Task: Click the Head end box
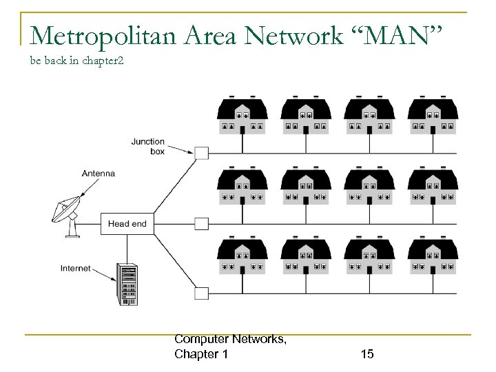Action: click(x=127, y=224)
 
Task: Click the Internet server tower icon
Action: click(x=128, y=283)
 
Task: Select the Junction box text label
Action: click(x=148, y=147)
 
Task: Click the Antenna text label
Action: click(x=98, y=174)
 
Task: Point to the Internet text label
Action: click(x=76, y=268)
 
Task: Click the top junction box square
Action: click(x=201, y=153)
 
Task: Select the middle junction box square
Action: click(x=201, y=224)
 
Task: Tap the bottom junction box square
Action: click(x=201, y=294)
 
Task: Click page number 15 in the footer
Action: click(x=369, y=353)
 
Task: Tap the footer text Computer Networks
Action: click(x=231, y=338)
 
